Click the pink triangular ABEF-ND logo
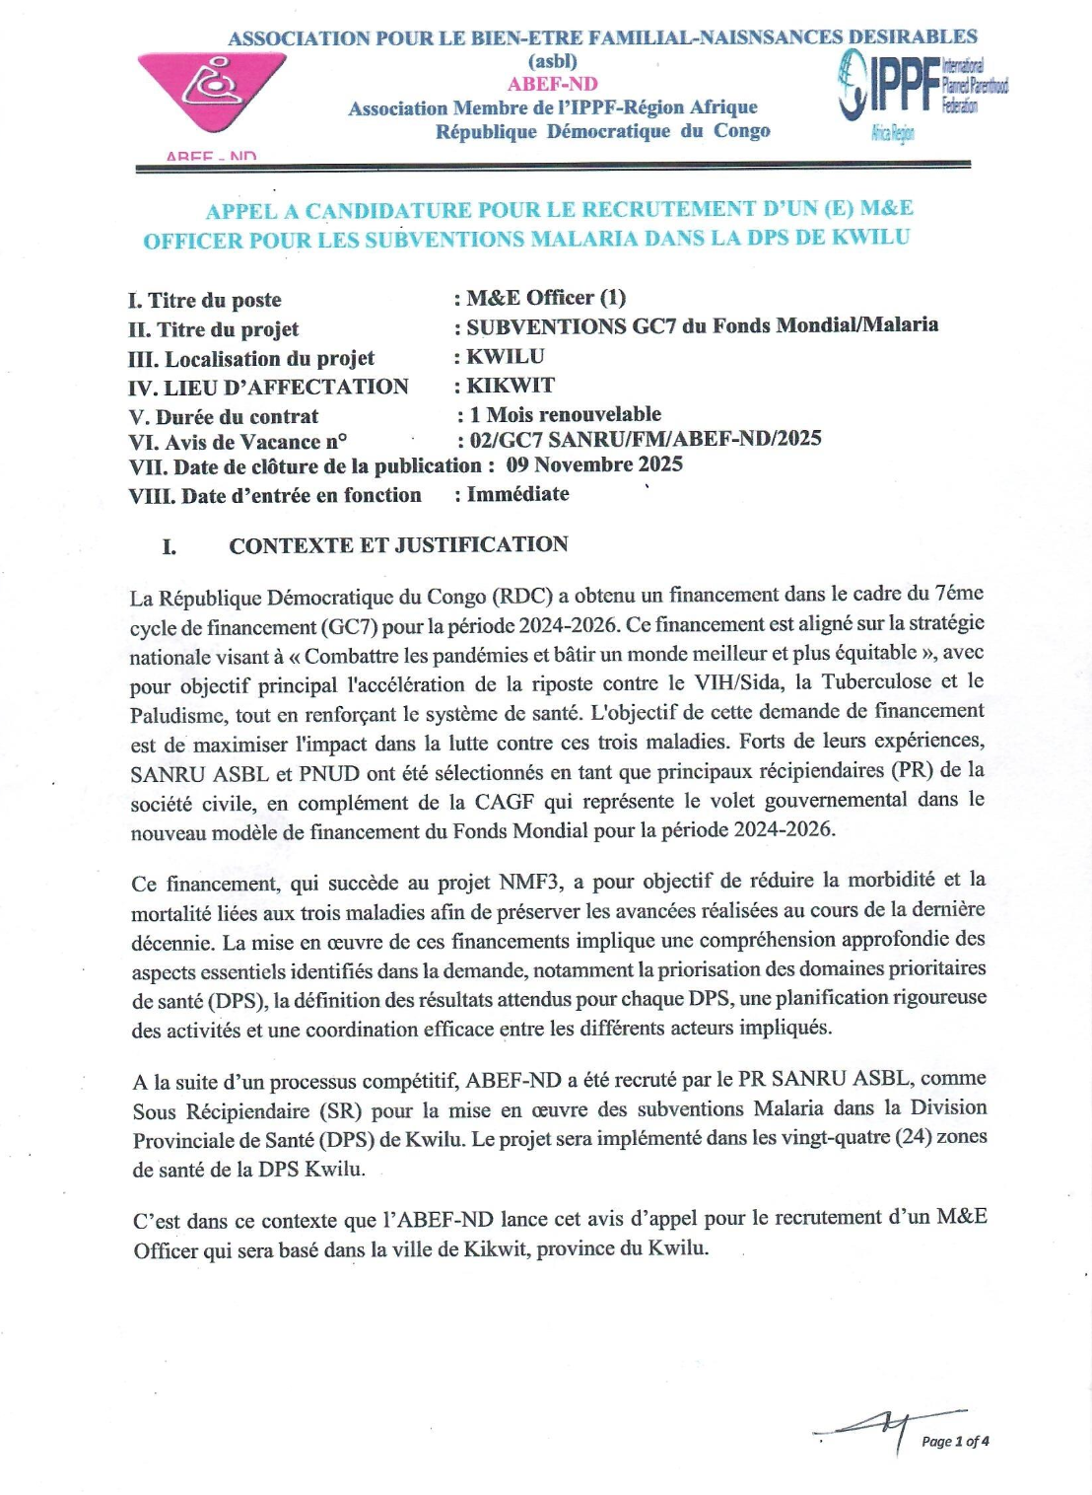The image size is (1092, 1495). (x=212, y=91)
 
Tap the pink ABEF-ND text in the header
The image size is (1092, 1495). (x=552, y=84)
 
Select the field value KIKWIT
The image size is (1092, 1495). (x=511, y=386)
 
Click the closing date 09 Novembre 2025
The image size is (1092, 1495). (x=594, y=464)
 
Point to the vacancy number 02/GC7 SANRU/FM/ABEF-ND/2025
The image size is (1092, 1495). (x=646, y=439)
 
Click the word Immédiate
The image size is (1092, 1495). (x=517, y=494)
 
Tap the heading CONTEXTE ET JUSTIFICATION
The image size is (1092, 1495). (x=398, y=544)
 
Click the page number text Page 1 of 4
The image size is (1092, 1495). (x=955, y=1441)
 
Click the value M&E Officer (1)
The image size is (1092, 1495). (x=546, y=298)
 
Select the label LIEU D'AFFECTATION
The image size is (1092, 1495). (x=286, y=387)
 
